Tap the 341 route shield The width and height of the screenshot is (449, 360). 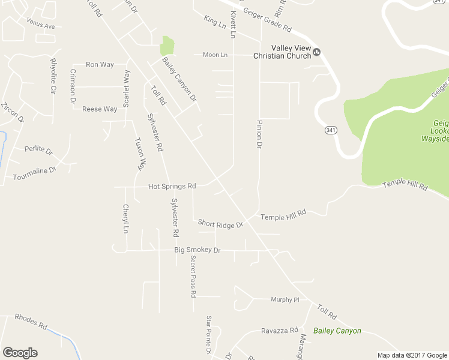pos(330,130)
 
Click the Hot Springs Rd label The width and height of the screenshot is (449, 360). pos(172,187)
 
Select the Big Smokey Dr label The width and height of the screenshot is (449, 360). pos(197,250)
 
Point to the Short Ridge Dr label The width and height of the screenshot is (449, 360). pos(220,224)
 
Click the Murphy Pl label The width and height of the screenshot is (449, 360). pos(285,299)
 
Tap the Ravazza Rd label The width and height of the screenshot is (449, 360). pos(279,331)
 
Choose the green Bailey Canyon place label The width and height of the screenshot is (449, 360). pos(337,331)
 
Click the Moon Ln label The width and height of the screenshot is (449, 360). pos(215,55)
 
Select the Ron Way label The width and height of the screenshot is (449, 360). pos(100,64)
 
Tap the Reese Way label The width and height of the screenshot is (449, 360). pos(100,109)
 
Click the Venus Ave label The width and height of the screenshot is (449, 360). pos(40,26)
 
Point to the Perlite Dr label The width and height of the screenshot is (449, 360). pos(38,149)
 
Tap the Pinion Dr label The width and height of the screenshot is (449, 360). pos(259,134)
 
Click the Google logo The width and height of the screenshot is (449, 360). pos(20,353)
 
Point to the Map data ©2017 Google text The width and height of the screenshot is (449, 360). pos(412,355)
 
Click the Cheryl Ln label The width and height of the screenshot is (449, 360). pos(125,219)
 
